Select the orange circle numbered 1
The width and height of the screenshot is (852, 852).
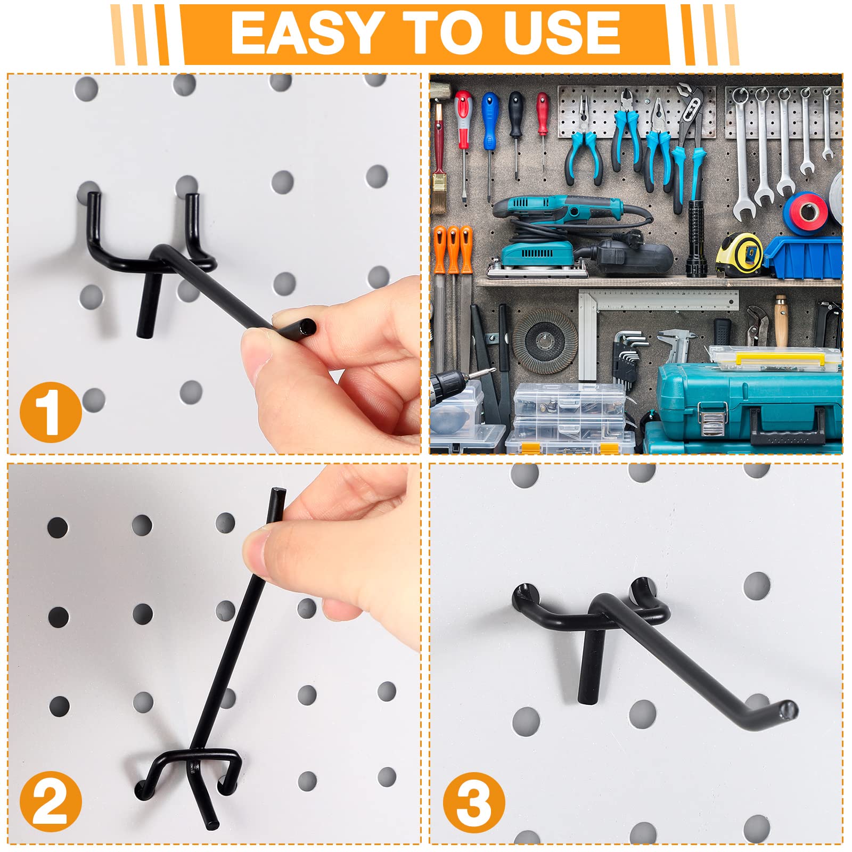click(51, 412)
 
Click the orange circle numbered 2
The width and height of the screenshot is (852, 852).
click(51, 802)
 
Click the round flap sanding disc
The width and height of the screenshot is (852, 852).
click(545, 341)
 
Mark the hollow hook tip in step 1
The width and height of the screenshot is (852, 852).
click(306, 326)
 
